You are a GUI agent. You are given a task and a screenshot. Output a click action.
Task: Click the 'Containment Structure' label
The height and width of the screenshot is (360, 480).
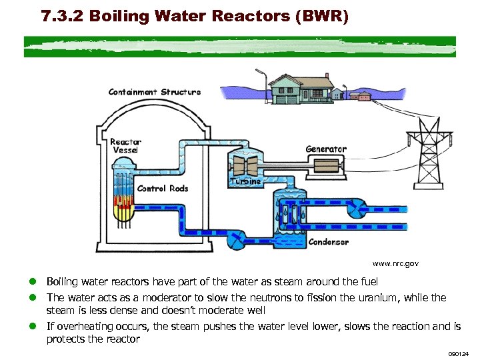[154, 92]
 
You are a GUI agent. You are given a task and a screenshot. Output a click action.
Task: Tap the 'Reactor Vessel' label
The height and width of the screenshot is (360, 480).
[125, 146]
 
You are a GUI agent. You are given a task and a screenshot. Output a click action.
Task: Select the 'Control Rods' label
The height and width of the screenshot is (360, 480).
[163, 189]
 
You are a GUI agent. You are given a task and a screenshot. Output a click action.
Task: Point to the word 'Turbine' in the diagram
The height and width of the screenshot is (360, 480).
[245, 181]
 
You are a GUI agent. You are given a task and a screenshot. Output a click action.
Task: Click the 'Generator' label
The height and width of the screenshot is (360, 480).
[326, 149]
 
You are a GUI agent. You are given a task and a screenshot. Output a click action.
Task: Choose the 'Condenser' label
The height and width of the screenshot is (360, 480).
[328, 242]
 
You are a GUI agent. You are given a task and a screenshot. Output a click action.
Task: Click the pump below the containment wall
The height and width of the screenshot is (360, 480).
[235, 239]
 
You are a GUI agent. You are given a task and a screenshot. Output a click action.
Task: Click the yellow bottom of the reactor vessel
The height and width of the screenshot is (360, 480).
[123, 213]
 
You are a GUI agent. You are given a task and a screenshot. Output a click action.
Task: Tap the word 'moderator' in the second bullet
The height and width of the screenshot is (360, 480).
[155, 298]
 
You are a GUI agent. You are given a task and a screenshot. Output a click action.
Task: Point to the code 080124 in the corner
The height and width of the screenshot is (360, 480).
[459, 353]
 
